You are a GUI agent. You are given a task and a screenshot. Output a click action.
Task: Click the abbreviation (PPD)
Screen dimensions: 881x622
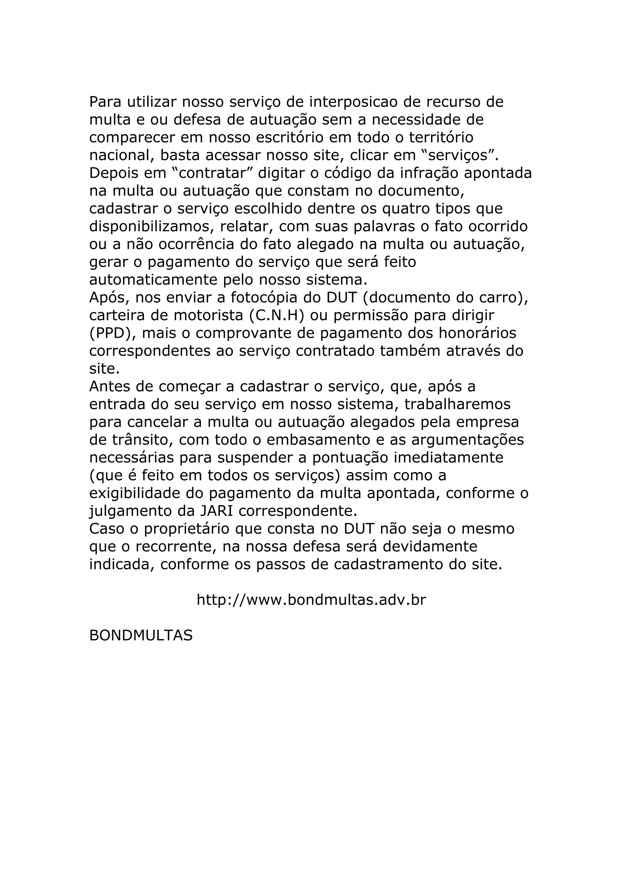click(x=113, y=333)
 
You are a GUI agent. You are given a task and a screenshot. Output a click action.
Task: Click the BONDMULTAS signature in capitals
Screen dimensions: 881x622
click(x=141, y=636)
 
